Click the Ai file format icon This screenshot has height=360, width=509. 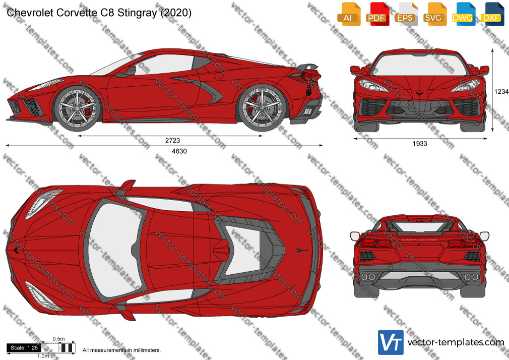[x=349, y=14]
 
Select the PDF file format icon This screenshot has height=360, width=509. [x=377, y=14]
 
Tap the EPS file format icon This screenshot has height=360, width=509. [x=406, y=14]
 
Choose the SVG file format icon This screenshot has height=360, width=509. [x=434, y=14]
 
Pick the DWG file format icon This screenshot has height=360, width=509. [x=463, y=14]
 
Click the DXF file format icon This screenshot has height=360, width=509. [x=492, y=14]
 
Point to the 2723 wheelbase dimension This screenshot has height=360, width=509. [x=172, y=140]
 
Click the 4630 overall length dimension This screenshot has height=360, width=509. [x=179, y=151]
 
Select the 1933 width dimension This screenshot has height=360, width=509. [x=420, y=144]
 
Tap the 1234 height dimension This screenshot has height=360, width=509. [x=501, y=92]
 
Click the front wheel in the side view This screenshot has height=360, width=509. [x=77, y=108]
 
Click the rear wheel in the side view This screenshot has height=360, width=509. [x=262, y=108]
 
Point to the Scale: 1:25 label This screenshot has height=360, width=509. [x=24, y=348]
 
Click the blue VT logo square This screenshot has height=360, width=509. [x=391, y=342]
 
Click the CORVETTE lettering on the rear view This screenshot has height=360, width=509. [x=419, y=239]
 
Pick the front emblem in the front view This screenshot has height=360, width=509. [x=420, y=94]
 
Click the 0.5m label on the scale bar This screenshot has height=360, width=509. [x=58, y=339]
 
